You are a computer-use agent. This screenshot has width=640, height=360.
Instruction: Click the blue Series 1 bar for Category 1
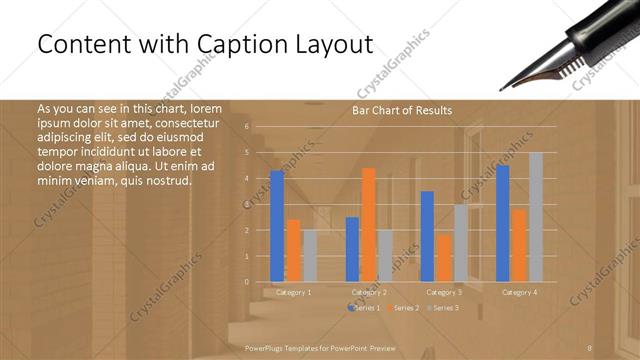(277, 226)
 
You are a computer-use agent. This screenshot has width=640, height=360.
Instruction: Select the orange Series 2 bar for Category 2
(369, 225)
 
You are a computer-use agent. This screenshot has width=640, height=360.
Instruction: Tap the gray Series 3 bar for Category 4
(536, 217)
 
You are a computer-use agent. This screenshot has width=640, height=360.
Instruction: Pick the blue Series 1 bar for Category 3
(427, 236)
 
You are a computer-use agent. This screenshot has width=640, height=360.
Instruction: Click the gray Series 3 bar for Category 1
(310, 256)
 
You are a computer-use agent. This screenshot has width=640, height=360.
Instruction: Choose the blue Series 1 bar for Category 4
(502, 223)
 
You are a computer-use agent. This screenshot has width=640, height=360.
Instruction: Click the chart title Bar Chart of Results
(402, 110)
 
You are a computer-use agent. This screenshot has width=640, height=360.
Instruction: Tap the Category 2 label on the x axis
(369, 292)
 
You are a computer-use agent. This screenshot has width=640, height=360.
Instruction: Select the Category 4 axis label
(519, 292)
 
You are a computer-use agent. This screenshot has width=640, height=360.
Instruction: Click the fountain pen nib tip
(504, 88)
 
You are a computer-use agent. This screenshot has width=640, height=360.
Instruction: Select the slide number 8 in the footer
(590, 347)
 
